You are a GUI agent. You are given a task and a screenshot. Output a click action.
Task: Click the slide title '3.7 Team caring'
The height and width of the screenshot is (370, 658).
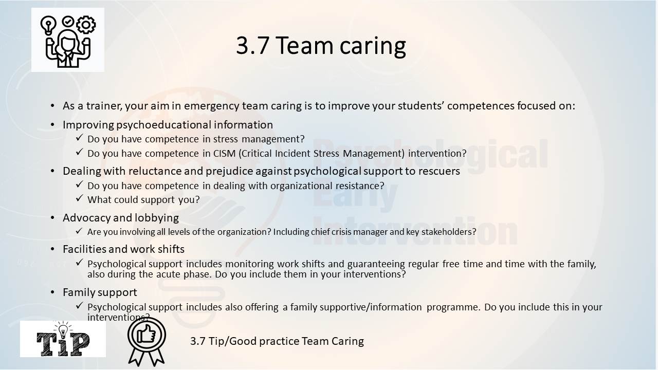[321, 46]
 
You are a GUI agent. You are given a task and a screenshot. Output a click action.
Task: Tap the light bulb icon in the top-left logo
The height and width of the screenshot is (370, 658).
[48, 25]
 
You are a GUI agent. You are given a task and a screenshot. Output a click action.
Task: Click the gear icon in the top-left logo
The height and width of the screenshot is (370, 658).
[86, 25]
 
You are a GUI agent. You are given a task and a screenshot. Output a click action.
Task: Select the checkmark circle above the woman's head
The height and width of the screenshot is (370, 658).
[68, 22]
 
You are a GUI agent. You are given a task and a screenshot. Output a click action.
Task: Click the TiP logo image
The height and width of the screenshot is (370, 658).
[63, 339]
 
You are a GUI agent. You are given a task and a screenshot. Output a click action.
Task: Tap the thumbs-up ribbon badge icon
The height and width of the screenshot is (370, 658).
[147, 342]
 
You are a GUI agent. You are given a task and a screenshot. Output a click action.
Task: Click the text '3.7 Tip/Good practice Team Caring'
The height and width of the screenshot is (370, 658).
[277, 341]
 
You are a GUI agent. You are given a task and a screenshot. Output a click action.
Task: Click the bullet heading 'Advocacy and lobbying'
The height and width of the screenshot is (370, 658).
[121, 218]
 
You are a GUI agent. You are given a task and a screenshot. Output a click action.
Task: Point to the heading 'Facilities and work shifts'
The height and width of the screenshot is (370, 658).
[124, 249]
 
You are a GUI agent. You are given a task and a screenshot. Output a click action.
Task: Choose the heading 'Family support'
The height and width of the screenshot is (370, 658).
[100, 292]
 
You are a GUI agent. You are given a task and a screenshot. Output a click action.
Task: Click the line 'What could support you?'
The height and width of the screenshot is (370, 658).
[143, 200]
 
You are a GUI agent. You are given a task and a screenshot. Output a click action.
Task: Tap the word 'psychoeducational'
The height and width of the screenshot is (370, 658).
[163, 125]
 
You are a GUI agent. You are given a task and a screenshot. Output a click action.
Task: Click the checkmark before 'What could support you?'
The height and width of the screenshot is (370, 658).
[80, 198]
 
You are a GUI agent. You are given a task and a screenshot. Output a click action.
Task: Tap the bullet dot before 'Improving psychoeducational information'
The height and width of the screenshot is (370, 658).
[52, 125]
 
